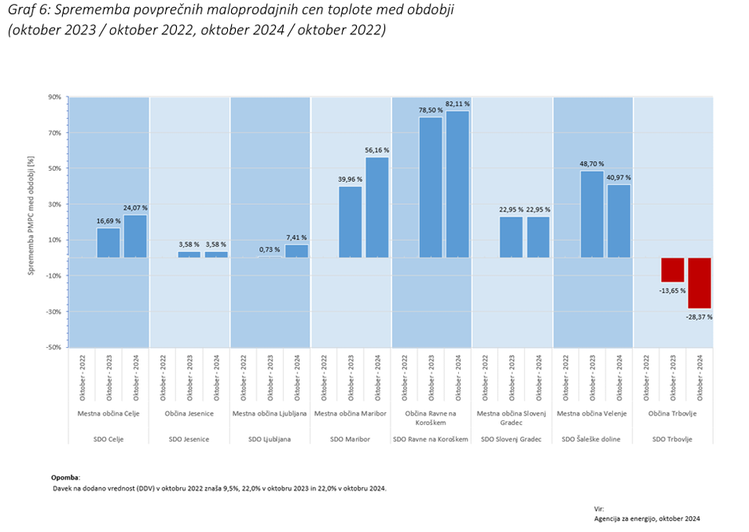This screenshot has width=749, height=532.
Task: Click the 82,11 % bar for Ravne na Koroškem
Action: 457,184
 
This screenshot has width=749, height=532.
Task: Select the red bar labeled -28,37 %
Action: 700,282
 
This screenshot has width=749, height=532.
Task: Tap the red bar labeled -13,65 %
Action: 673,270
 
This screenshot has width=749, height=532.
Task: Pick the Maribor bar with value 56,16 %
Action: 377,207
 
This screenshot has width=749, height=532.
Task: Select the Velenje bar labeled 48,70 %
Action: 592,214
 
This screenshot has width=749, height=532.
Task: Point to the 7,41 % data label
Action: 296,237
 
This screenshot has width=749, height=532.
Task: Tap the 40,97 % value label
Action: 618,177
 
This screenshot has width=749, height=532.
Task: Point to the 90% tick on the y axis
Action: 54,97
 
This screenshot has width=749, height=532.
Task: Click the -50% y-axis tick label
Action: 53,348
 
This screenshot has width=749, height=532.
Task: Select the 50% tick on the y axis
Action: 54,168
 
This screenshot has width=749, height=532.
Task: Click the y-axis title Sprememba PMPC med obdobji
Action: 32,223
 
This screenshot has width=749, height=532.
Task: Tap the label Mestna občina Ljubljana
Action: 270,413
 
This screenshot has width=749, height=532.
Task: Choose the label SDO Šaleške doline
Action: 592,439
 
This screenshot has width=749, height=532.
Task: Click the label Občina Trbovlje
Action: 673,413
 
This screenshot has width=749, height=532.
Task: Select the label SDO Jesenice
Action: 190,439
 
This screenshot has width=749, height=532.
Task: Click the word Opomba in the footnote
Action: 66,477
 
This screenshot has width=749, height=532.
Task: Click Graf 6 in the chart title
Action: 29,11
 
